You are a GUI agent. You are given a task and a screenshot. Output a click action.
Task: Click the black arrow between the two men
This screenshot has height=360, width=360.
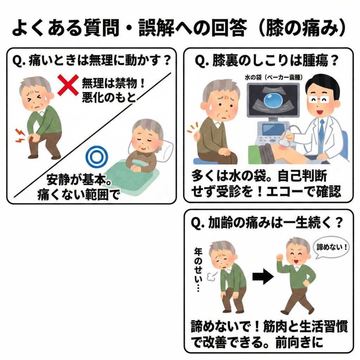(x=263, y=277)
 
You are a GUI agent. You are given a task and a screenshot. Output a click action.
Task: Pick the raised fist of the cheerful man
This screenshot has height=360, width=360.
(x=280, y=257)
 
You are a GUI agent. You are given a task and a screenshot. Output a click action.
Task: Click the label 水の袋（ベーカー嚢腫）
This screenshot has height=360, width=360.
(x=274, y=77)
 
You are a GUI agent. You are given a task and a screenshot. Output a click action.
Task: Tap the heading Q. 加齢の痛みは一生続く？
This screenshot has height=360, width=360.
(x=267, y=223)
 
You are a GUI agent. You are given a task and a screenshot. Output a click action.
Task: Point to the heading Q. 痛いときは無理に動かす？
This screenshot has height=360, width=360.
(x=92, y=61)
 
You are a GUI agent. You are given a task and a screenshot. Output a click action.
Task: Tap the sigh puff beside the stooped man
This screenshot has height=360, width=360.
(x=211, y=277)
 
